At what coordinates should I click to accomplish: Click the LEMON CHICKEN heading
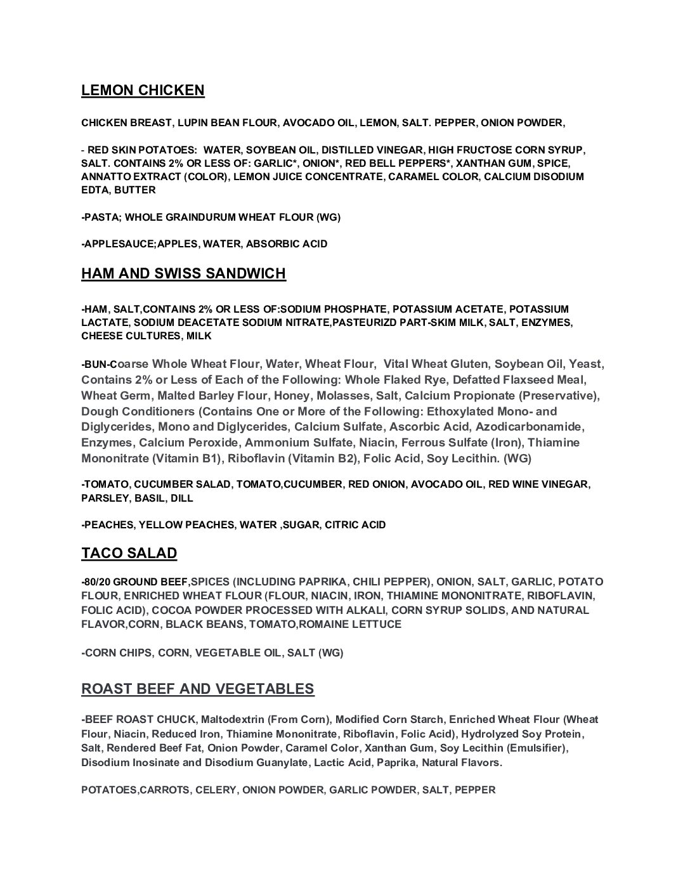143,90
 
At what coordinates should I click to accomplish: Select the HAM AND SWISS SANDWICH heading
183,273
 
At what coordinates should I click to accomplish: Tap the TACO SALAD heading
129,553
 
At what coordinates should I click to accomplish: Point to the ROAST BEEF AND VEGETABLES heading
197,689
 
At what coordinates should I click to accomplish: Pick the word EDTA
94,190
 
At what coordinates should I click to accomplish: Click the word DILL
181,499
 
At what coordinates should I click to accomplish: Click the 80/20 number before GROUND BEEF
98,582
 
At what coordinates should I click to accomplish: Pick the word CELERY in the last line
216,790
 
